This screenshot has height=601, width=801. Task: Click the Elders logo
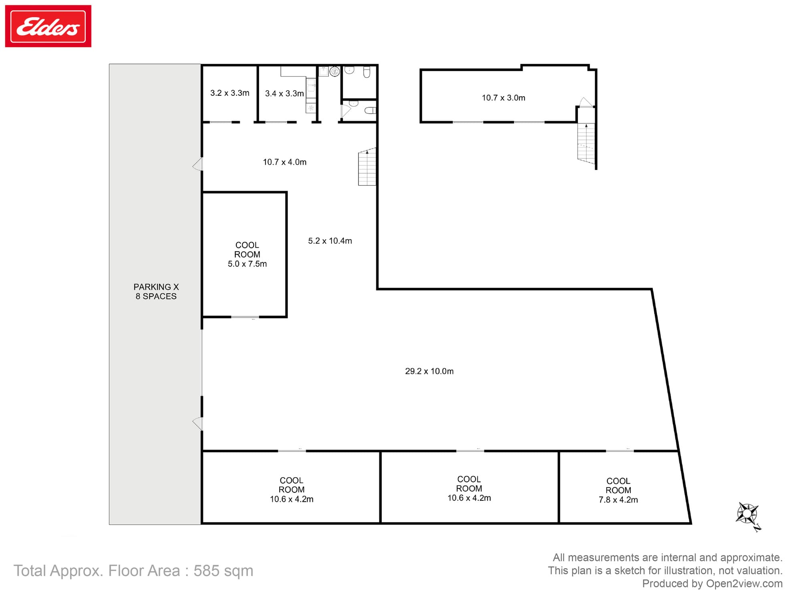click(x=48, y=26)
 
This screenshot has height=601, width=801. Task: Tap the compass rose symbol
click(x=747, y=515)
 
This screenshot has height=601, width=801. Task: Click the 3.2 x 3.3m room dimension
click(x=230, y=93)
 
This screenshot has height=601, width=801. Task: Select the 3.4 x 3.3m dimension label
click(x=284, y=93)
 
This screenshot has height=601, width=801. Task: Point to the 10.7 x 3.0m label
click(x=503, y=98)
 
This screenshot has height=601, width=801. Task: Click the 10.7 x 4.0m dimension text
click(x=285, y=162)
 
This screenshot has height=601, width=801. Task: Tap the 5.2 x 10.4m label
click(x=330, y=241)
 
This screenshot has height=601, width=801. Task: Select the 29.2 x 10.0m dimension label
click(x=429, y=371)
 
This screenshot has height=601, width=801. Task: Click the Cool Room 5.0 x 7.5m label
click(x=247, y=254)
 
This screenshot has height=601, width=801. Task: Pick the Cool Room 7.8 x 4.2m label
click(x=618, y=490)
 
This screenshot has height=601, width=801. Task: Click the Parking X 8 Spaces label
click(x=156, y=292)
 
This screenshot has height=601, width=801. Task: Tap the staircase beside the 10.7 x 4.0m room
click(x=367, y=167)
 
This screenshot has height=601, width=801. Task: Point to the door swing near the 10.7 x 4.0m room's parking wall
click(x=198, y=164)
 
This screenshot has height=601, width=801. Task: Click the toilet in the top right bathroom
click(x=366, y=72)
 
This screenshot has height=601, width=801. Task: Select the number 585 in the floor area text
click(x=207, y=571)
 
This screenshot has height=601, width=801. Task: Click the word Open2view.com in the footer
click(x=744, y=584)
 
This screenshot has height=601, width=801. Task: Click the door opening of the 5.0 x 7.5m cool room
click(x=245, y=317)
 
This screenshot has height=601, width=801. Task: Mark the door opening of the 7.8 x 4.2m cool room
click(x=620, y=451)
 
